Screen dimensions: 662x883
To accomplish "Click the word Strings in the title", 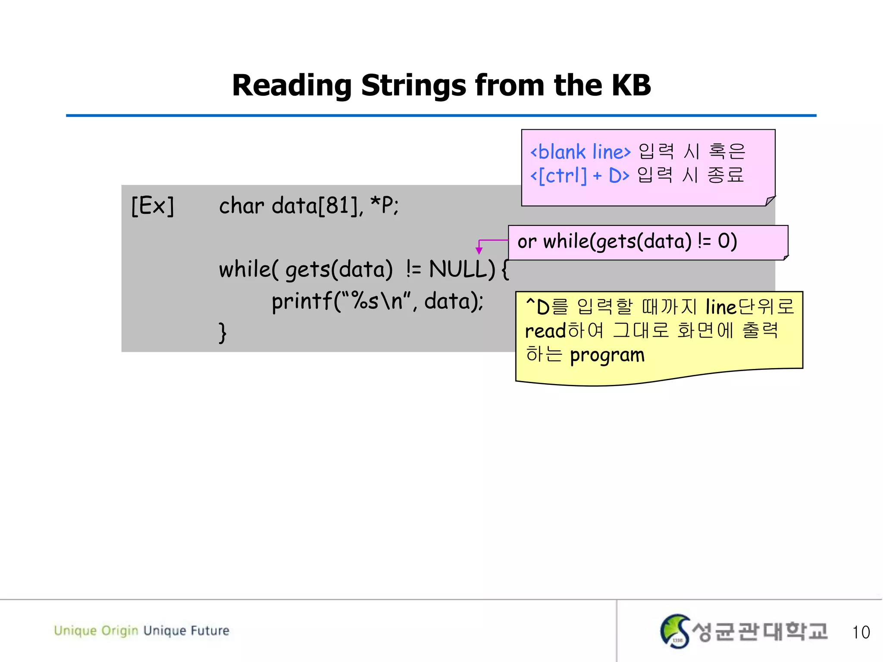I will click(413, 85).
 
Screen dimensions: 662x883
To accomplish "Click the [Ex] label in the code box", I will click(153, 206).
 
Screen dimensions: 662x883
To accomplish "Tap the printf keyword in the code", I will click(301, 301).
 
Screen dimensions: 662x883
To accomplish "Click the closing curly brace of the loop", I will click(222, 332).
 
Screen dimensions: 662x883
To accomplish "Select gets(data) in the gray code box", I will click(339, 270).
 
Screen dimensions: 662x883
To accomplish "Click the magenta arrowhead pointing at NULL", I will click(479, 251).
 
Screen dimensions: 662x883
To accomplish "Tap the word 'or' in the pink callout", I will click(527, 241).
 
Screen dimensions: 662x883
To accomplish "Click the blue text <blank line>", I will click(580, 152).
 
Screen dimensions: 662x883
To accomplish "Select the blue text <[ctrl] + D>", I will click(579, 175).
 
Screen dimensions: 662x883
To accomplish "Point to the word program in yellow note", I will click(607, 356).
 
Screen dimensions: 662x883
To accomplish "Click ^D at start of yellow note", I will click(537, 307).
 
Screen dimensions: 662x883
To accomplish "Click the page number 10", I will click(861, 632).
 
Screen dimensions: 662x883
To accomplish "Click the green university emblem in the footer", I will click(675, 631).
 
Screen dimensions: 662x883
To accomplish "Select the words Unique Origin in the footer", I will click(96, 631).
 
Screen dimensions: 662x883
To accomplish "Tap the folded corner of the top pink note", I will click(770, 201).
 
